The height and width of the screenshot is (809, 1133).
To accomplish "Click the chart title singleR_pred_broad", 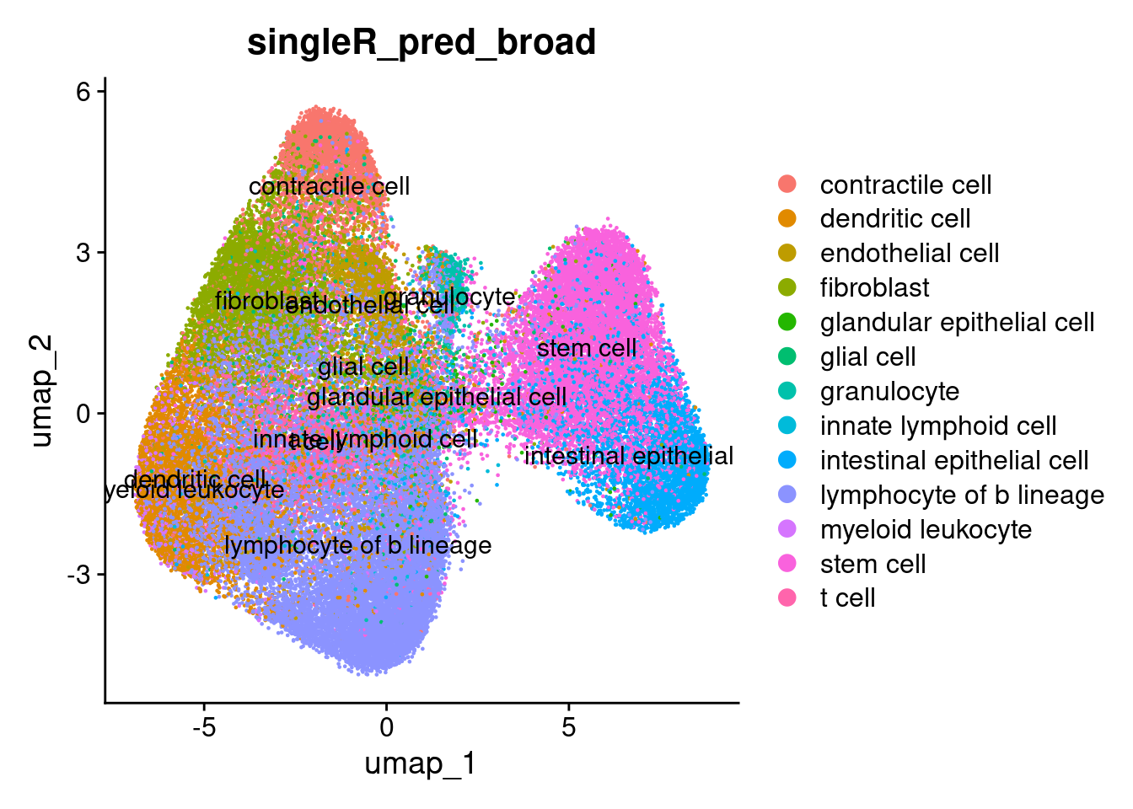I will coord(421,42).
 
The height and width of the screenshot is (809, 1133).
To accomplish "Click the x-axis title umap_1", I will coord(420,763).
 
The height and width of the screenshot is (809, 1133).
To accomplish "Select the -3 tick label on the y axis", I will coord(78,575).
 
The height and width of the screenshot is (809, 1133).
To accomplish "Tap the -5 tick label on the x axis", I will coord(203,726).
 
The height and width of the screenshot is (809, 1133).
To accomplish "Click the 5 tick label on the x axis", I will coord(569,726).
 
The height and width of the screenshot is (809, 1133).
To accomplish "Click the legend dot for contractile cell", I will coord(787,185).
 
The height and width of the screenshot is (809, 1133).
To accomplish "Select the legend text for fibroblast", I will coord(874,288).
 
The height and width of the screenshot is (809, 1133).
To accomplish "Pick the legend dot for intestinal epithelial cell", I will coord(787,460).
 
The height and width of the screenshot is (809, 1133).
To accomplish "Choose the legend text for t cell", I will coord(847,598).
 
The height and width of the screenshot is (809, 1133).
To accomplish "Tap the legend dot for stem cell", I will coord(787,564).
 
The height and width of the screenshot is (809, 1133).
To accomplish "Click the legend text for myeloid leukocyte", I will coord(926,529).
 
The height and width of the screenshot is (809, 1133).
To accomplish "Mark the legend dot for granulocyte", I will coord(787,391).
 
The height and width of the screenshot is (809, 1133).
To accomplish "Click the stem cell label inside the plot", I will coord(587,348).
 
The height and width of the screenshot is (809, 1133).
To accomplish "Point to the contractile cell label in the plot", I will coord(329,186).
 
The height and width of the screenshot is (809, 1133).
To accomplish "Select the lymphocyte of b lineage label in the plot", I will coord(358,545).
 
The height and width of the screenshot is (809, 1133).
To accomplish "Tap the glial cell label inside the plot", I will coord(363,367).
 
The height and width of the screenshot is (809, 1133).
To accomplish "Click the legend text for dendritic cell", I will coord(895,219).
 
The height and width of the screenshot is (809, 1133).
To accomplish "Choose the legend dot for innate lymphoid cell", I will coord(787,426).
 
